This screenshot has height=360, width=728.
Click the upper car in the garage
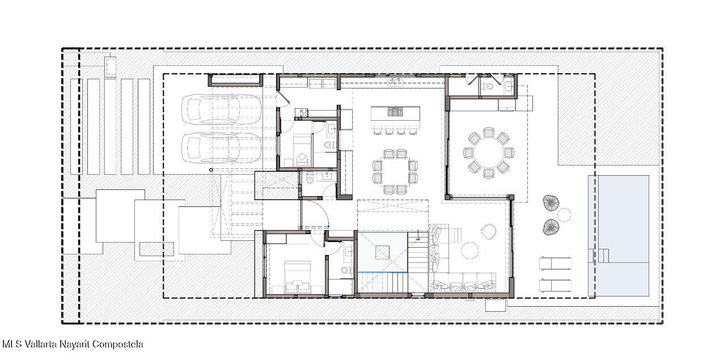pos(221,109)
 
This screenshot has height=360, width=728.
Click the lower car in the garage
pos(221,148)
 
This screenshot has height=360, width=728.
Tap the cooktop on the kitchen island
pos(395,112)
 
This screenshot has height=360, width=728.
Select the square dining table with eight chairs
pos(395,172)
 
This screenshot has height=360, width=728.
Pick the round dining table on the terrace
pos(489,153)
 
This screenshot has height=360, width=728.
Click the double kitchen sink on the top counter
pos(395,83)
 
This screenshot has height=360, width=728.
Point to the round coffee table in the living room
pos(470,251)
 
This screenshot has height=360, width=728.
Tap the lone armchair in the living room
pos(489,232)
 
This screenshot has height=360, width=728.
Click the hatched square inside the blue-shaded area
pos(382,252)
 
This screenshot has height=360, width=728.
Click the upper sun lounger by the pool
pos(556,264)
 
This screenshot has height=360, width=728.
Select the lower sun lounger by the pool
pos(556,286)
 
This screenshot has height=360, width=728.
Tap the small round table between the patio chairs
pos(564,215)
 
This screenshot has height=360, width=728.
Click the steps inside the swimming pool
pos(600,256)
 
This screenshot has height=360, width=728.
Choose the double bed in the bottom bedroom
pos(297,277)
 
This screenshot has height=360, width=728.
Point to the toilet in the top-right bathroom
pos(488,86)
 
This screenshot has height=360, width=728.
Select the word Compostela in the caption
pos(118,345)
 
